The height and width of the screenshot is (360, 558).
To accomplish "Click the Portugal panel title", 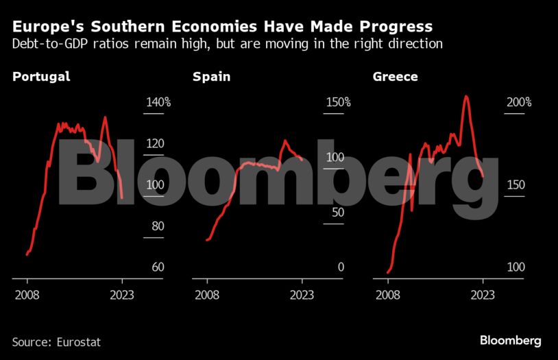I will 41,77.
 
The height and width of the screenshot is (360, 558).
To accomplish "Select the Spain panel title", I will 211,77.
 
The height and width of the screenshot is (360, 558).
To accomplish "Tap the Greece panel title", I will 395,77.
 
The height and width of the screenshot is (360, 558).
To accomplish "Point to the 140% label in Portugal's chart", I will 157,102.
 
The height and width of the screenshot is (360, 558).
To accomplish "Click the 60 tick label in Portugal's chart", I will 158,267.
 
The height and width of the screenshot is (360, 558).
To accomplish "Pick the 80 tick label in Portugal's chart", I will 158,226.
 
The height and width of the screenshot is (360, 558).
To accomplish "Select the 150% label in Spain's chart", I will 337,102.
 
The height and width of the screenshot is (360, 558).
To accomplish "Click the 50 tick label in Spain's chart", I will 337,212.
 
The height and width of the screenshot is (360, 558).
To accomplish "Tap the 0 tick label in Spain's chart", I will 341,267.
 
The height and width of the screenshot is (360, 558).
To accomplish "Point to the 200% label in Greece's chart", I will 518,102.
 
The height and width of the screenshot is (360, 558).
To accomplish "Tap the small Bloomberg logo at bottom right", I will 510,340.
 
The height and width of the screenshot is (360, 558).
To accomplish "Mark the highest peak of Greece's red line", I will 466,96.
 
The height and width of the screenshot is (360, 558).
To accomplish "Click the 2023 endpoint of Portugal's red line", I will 122,198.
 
